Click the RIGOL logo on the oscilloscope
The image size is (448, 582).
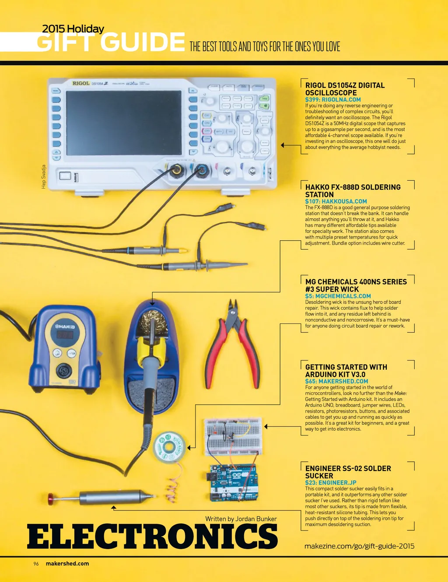(x=80, y=83)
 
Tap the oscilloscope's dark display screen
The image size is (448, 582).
(x=123, y=123)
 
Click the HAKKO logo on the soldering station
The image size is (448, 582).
(x=65, y=327)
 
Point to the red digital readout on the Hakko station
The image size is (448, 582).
(x=65, y=335)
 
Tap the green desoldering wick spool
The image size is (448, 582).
(x=169, y=446)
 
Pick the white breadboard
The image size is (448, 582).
(x=233, y=437)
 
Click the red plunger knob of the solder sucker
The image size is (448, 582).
(x=51, y=498)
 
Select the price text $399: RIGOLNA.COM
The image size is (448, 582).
(x=333, y=100)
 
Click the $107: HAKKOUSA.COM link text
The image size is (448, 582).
(x=336, y=201)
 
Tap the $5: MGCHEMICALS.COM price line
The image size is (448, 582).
(x=338, y=296)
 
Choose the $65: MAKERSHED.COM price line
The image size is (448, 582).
(x=336, y=381)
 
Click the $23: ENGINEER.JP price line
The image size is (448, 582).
(x=331, y=483)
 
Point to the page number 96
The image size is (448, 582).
(x=36, y=564)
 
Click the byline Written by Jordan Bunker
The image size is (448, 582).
(x=241, y=519)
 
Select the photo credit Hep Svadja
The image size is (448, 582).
(x=44, y=177)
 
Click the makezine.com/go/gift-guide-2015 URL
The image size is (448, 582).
(x=359, y=546)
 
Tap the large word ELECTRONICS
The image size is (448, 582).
(x=152, y=536)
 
